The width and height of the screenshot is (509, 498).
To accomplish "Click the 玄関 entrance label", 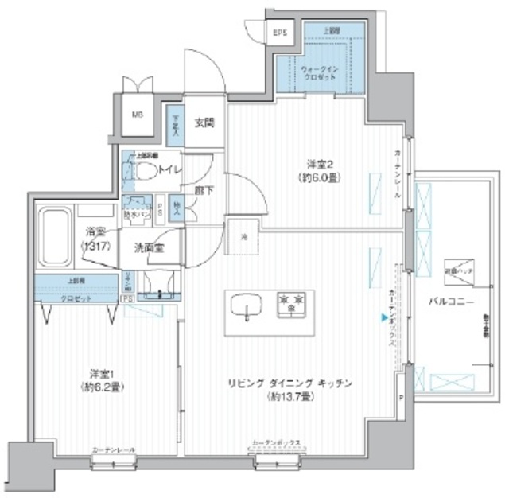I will [x=204, y=123].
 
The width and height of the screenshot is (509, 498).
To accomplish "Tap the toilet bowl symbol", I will [x=145, y=170].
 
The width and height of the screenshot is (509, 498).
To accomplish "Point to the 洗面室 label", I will [x=150, y=247].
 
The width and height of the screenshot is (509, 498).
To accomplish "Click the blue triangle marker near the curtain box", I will [x=383, y=320].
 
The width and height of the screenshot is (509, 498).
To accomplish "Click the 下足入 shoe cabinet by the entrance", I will [x=174, y=125].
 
